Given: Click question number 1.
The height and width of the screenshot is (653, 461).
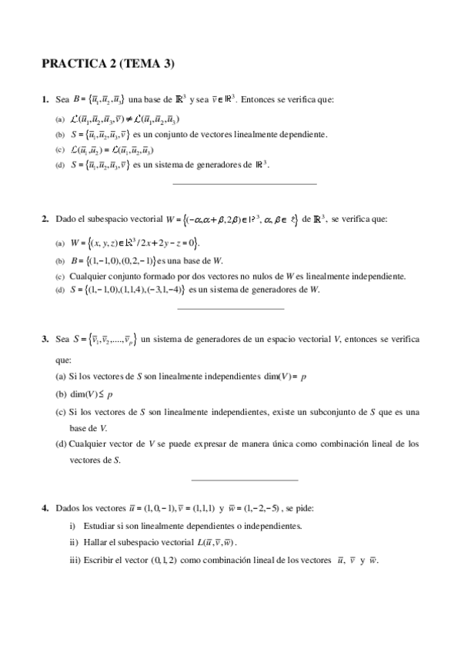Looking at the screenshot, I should (x=45, y=99).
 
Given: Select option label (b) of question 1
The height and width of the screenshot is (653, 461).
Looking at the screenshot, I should (x=60, y=134).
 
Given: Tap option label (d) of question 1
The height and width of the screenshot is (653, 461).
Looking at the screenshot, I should (x=60, y=164).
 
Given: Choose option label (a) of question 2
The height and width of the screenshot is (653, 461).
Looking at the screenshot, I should (x=60, y=244).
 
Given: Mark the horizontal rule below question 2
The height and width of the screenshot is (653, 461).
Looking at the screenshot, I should (x=230, y=309).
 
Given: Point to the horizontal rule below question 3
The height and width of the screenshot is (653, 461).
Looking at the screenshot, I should (x=243, y=480).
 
